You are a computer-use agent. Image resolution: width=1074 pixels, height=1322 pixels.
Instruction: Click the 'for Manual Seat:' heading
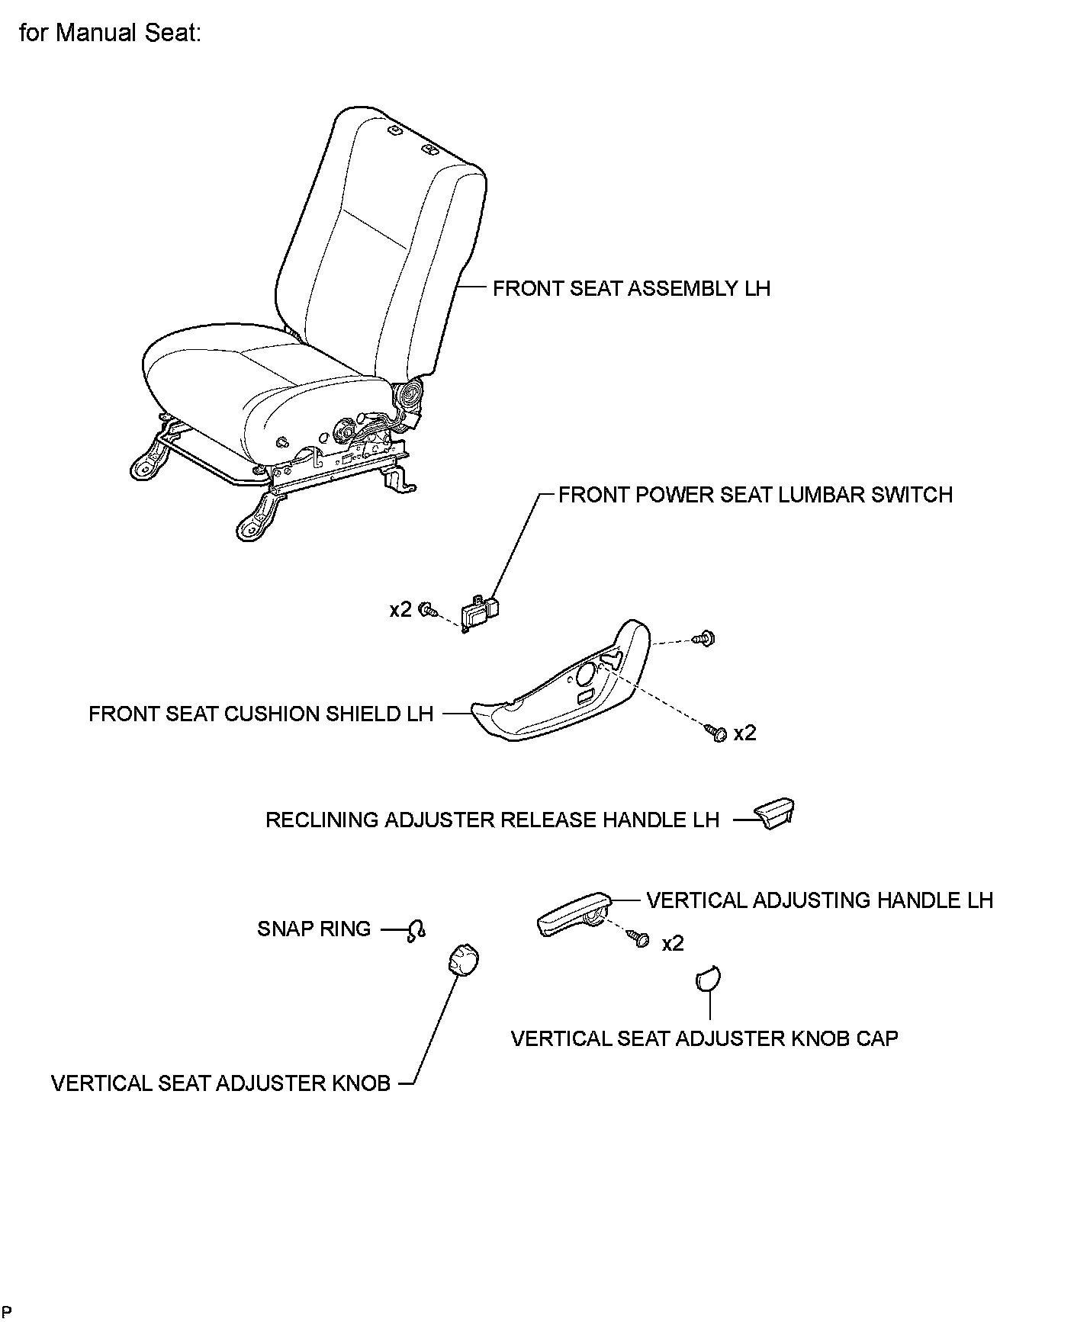click(110, 34)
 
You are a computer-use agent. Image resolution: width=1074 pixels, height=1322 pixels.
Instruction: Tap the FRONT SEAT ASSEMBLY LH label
click(631, 289)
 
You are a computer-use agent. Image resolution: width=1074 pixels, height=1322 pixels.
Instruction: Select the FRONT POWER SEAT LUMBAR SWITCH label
click(755, 495)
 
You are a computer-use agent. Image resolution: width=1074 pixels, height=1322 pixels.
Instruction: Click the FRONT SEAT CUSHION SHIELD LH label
click(261, 714)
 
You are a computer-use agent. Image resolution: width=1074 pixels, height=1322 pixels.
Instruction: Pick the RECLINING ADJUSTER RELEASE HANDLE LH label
click(492, 820)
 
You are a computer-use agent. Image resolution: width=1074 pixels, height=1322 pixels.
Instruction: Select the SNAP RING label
click(314, 929)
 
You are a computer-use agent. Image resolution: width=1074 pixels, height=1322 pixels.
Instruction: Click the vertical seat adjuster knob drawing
click(462, 959)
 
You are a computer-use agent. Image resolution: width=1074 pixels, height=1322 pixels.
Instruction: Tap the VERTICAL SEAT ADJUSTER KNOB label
click(220, 1083)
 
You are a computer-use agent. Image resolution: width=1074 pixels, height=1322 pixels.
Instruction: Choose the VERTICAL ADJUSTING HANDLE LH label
click(819, 900)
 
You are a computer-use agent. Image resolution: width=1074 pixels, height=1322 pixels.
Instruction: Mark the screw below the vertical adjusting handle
click(638, 939)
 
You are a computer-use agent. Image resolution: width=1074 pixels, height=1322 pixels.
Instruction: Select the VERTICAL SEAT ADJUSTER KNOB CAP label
click(704, 1039)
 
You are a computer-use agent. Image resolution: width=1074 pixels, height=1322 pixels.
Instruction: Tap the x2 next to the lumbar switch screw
click(400, 610)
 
